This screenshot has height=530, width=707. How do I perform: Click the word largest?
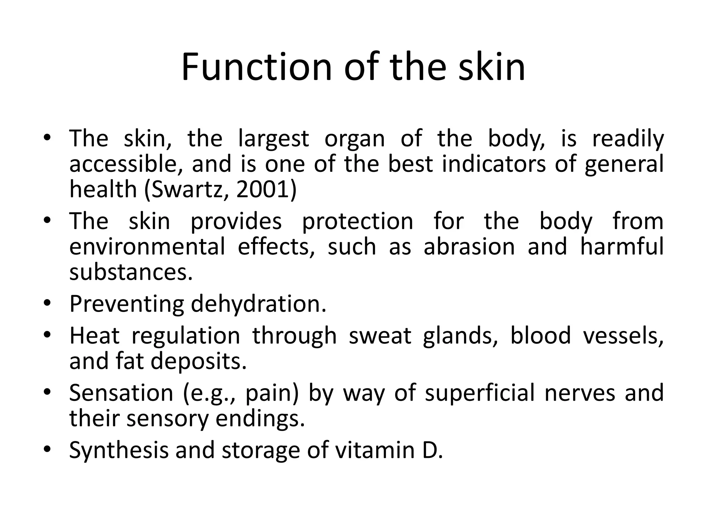273,139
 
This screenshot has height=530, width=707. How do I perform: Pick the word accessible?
126,164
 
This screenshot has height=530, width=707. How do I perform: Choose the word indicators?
494,164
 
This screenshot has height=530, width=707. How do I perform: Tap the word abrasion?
469,247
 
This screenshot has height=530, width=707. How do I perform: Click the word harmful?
622,247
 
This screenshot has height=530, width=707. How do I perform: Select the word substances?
130,272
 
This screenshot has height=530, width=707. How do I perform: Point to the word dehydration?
258,304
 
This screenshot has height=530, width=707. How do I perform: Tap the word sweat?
380,336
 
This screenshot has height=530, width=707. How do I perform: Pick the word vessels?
623,336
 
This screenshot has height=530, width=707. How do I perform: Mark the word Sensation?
121,393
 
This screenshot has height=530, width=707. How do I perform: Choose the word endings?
260,419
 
